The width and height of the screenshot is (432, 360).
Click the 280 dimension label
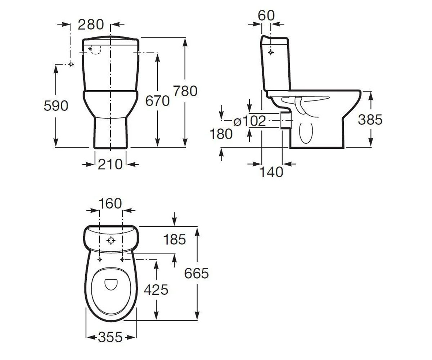91,24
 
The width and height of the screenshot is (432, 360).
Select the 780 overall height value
185,91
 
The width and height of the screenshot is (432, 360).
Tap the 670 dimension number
157,101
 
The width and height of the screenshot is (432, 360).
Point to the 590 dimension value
56,106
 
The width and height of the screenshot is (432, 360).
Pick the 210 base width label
110,165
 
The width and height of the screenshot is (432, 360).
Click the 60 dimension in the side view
266,15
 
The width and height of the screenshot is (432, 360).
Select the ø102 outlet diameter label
250,121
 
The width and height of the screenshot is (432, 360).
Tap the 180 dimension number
221,134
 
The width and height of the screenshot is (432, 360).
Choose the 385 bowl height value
370,120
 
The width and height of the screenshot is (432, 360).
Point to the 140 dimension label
271,172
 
